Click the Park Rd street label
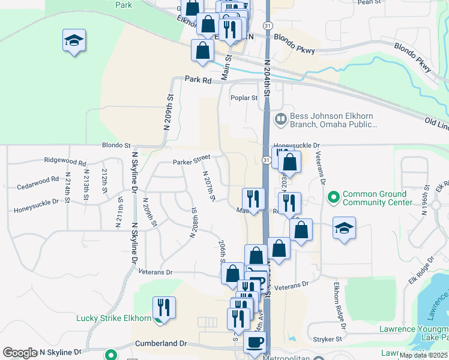pyautogui.click(x=199, y=79)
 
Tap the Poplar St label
pyautogui.click(x=244, y=98)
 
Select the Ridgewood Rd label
pyautogui.click(x=65, y=161)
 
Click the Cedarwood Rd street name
pyautogui.click(x=38, y=179)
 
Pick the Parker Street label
pyautogui.click(x=191, y=161)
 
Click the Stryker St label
pyautogui.click(x=327, y=339)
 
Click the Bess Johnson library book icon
pyautogui.click(x=280, y=119)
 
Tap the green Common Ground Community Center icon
pyautogui.click(x=332, y=196)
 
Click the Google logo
pyautogui.click(x=20, y=353)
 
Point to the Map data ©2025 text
pyautogui.click(x=423, y=355)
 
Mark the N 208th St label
pyautogui.click(x=193, y=223)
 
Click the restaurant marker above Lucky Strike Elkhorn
pyautogui.click(x=164, y=307)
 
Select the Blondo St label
pyautogui.click(x=116, y=145)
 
